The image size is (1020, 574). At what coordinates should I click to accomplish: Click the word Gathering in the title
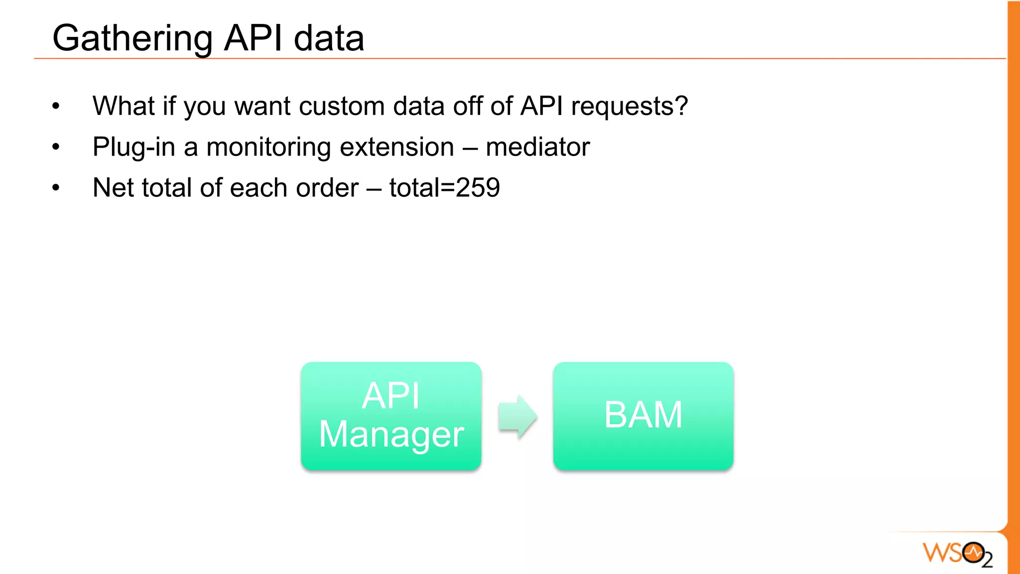click(132, 39)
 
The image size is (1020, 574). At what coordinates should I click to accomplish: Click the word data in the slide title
click(329, 39)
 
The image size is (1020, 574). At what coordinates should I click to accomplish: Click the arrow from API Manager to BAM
click(517, 416)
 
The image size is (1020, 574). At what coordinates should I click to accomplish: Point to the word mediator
click(537, 147)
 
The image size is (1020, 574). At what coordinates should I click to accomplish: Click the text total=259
click(444, 188)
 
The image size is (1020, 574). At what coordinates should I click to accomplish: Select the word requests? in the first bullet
click(629, 107)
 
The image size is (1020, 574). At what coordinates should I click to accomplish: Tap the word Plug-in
click(133, 147)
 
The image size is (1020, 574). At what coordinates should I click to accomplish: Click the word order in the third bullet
click(327, 188)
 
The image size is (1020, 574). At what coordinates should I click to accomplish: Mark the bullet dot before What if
click(56, 106)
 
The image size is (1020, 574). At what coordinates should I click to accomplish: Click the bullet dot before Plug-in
click(56, 147)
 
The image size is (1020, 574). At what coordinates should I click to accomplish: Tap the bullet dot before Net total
click(56, 188)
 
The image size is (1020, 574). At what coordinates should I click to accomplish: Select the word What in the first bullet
click(124, 107)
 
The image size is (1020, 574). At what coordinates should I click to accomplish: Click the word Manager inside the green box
click(391, 434)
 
